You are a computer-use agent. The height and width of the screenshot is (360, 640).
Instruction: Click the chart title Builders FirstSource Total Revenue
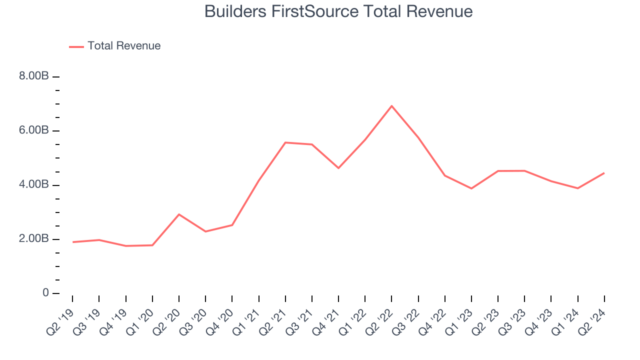click(x=338, y=11)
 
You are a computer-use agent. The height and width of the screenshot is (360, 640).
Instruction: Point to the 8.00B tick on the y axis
click(x=34, y=76)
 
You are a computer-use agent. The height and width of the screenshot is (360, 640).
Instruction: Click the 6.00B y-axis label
click(x=34, y=130)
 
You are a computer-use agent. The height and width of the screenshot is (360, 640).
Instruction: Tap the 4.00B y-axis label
click(x=34, y=185)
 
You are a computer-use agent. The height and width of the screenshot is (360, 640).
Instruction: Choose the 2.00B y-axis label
click(x=34, y=239)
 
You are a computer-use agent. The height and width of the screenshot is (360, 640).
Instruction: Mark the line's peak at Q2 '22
click(x=391, y=106)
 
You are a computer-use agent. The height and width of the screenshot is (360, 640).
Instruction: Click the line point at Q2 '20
click(x=179, y=214)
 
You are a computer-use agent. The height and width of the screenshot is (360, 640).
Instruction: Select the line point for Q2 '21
click(x=285, y=142)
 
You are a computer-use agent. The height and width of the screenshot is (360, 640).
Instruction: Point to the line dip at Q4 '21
click(x=338, y=168)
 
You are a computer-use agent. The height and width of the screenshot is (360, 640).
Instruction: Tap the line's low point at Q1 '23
click(x=471, y=188)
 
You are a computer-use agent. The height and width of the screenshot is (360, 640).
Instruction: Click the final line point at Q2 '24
click(x=604, y=173)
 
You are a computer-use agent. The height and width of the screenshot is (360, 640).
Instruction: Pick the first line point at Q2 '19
click(x=73, y=242)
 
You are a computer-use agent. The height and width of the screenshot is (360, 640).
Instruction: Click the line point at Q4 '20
click(x=232, y=225)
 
